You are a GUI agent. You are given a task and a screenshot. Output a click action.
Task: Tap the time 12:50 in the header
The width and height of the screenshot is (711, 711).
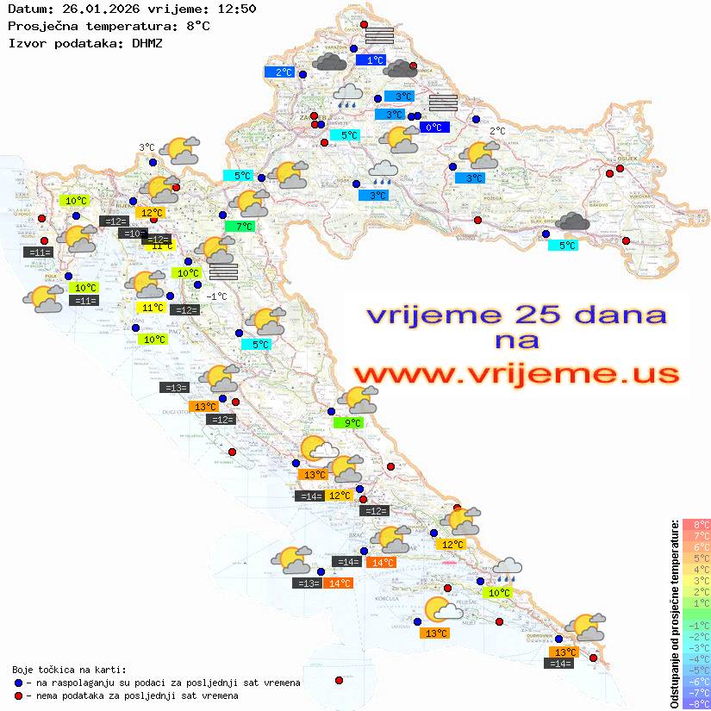point(235,9)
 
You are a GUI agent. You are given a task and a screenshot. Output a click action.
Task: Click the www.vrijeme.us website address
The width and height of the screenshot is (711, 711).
point(515,373)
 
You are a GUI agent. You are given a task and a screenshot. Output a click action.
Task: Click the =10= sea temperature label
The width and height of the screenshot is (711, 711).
point(133,234)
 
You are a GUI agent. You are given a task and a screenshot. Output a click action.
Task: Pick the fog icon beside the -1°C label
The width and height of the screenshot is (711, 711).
point(223,271)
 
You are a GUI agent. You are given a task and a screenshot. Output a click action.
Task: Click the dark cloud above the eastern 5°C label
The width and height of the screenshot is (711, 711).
point(573,223)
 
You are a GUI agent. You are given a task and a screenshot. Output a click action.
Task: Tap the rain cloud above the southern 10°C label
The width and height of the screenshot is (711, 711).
point(507,569)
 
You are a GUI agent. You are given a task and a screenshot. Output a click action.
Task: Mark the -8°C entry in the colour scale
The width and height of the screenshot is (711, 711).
point(695,703)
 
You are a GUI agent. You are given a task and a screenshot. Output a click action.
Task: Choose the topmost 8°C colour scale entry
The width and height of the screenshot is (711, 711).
point(695,524)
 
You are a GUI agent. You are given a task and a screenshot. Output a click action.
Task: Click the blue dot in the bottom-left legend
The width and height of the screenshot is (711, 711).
point(19,683)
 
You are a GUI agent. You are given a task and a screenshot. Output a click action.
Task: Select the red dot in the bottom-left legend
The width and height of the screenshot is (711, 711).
point(19,695)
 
